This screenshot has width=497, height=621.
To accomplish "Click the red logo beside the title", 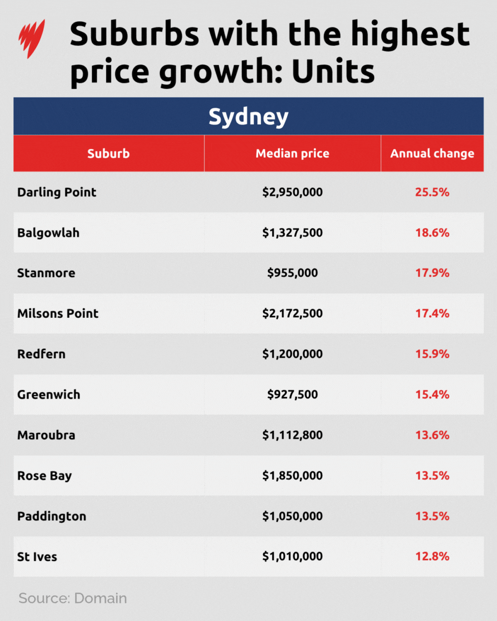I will [x=31, y=39].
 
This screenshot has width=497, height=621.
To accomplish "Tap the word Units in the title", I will [x=333, y=72].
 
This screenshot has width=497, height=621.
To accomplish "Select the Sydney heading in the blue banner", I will [x=248, y=116].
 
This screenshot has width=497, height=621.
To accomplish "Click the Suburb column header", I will [x=109, y=154].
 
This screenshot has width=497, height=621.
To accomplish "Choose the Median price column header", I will [x=292, y=154].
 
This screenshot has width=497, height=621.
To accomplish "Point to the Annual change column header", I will [x=432, y=154].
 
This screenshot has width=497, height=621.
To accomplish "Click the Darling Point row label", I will [x=57, y=192].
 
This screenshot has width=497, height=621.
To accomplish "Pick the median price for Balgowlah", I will [x=292, y=233].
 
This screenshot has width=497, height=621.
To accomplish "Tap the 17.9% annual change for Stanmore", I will [x=432, y=273].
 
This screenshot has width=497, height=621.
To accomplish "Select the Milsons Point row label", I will [x=58, y=314].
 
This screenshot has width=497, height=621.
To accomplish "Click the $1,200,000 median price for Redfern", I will [x=292, y=354].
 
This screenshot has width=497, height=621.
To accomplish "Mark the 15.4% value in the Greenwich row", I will [x=432, y=395].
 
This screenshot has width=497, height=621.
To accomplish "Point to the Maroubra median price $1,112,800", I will [x=292, y=435].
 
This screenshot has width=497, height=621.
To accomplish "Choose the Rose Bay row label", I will [x=45, y=476].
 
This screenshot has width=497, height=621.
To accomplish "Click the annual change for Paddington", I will [x=432, y=516].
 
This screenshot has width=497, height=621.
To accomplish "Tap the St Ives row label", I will [x=37, y=557].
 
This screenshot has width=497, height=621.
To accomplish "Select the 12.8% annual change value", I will [x=432, y=557].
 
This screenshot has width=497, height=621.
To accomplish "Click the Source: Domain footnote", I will [x=73, y=598].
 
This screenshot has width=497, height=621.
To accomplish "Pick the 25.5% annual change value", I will [x=432, y=192].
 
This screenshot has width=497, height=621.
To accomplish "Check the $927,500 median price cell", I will [x=292, y=395].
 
